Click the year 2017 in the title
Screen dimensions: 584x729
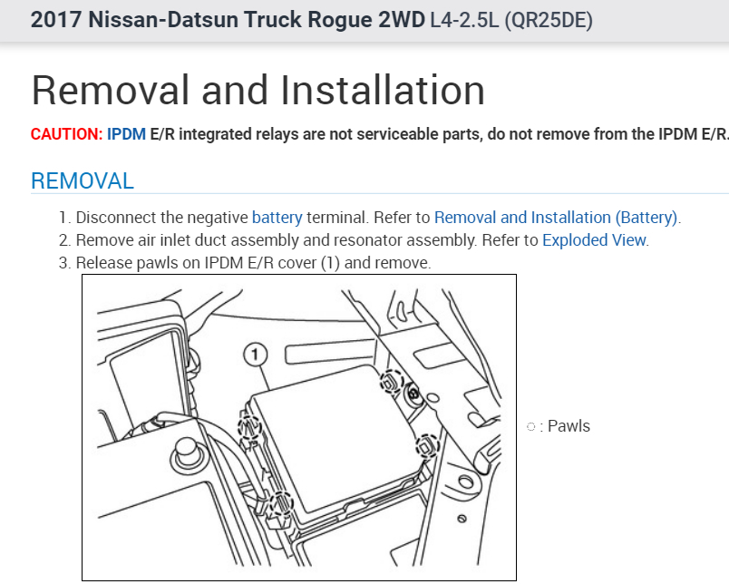click(55, 19)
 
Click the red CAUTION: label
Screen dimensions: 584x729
click(66, 134)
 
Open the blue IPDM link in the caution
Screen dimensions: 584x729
click(126, 134)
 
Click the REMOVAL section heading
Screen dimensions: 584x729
click(83, 180)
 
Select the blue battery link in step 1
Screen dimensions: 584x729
click(277, 218)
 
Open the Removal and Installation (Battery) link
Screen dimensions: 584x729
click(556, 218)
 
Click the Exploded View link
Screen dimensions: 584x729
click(595, 240)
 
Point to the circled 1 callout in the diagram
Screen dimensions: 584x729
click(257, 354)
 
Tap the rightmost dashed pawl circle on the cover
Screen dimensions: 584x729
click(426, 446)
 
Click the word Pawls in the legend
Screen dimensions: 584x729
click(569, 426)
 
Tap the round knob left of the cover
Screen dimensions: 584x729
click(187, 449)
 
